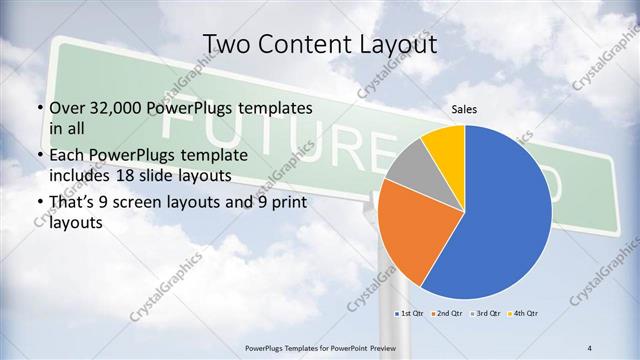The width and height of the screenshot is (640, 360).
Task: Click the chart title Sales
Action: (x=465, y=109)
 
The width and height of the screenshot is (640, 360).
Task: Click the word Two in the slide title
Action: (x=226, y=45)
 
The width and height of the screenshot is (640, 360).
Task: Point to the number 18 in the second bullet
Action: (x=185, y=174)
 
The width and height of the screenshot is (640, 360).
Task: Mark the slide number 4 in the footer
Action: (x=590, y=347)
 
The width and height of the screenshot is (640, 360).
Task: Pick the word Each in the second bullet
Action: (x=67, y=157)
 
